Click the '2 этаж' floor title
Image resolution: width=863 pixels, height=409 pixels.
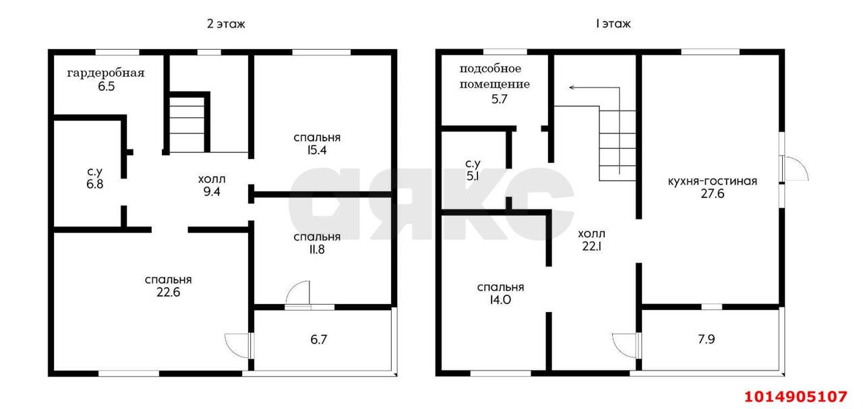pyautogui.click(x=226, y=24)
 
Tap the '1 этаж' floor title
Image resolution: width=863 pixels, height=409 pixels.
pyautogui.click(x=612, y=24)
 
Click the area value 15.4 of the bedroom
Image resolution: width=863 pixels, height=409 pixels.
pyautogui.click(x=316, y=150)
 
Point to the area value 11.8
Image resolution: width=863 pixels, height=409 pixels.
pyautogui.click(x=316, y=249)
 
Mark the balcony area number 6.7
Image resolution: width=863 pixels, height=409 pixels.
pyautogui.click(x=318, y=339)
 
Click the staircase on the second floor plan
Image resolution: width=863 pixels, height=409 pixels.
pyautogui.click(x=187, y=125)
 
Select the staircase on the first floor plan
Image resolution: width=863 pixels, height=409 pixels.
pyautogui.click(x=617, y=144)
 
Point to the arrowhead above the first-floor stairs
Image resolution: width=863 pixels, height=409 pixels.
pyautogui.click(x=572, y=88)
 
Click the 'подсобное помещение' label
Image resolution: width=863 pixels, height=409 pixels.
pyautogui.click(x=494, y=76)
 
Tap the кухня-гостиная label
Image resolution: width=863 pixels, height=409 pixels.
pyautogui.click(x=712, y=181)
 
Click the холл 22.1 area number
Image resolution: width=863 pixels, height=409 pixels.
pyautogui.click(x=591, y=247)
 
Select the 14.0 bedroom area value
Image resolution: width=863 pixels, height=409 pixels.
pyautogui.click(x=500, y=301)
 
